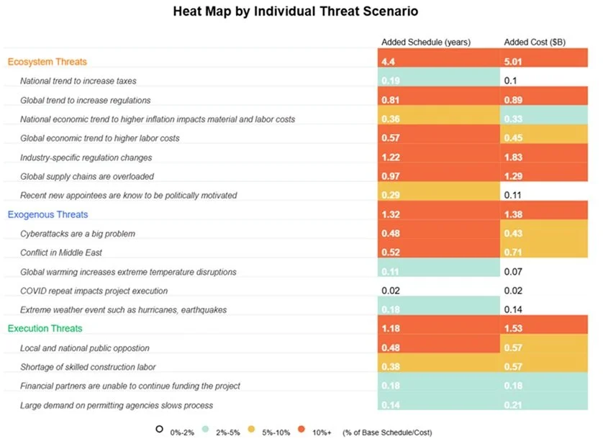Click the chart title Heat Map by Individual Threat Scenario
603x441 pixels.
(x=296, y=12)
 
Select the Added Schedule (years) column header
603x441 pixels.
(x=426, y=42)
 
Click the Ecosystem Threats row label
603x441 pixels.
(x=47, y=62)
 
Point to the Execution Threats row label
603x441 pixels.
(x=45, y=329)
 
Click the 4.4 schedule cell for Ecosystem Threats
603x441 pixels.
(x=440, y=62)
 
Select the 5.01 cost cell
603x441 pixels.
(x=544, y=62)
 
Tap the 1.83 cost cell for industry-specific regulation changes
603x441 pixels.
(x=544, y=158)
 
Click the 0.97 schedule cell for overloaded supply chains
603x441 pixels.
(x=440, y=176)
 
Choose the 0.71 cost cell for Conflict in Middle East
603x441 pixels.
(x=544, y=253)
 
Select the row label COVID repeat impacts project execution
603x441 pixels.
(x=94, y=291)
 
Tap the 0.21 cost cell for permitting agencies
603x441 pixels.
(x=544, y=405)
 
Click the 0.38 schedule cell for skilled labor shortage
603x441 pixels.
(x=440, y=367)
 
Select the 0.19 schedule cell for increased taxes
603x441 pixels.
(x=440, y=81)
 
